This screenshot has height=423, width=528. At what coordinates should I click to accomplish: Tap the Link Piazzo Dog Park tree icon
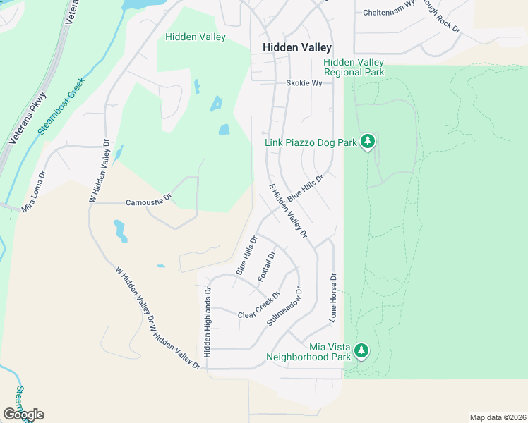click(x=367, y=142)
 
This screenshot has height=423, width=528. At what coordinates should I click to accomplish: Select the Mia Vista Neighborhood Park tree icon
click(x=361, y=350)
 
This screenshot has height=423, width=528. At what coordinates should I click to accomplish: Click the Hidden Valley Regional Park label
click(x=354, y=68)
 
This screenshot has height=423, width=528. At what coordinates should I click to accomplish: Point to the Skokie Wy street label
click(x=304, y=82)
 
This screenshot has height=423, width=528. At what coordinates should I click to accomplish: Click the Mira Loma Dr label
click(x=33, y=185)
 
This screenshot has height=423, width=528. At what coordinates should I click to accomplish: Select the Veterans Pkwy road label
click(x=28, y=119)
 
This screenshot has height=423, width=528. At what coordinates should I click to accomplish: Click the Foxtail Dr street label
click(x=267, y=266)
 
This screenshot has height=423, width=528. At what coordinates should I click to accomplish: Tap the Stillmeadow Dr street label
click(x=284, y=305)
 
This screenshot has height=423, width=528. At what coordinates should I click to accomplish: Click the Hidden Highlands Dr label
click(x=208, y=321)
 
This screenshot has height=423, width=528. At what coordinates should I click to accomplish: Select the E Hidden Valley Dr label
click(x=288, y=211)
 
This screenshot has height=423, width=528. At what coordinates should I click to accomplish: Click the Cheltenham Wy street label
click(x=388, y=13)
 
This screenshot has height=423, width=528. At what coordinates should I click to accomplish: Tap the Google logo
click(x=23, y=415)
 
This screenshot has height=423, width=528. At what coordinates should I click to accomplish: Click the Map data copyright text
click(x=498, y=417)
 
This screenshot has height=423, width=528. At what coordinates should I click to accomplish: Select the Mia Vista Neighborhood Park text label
click(x=308, y=351)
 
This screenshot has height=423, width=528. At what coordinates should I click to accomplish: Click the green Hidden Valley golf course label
click(x=196, y=37)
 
